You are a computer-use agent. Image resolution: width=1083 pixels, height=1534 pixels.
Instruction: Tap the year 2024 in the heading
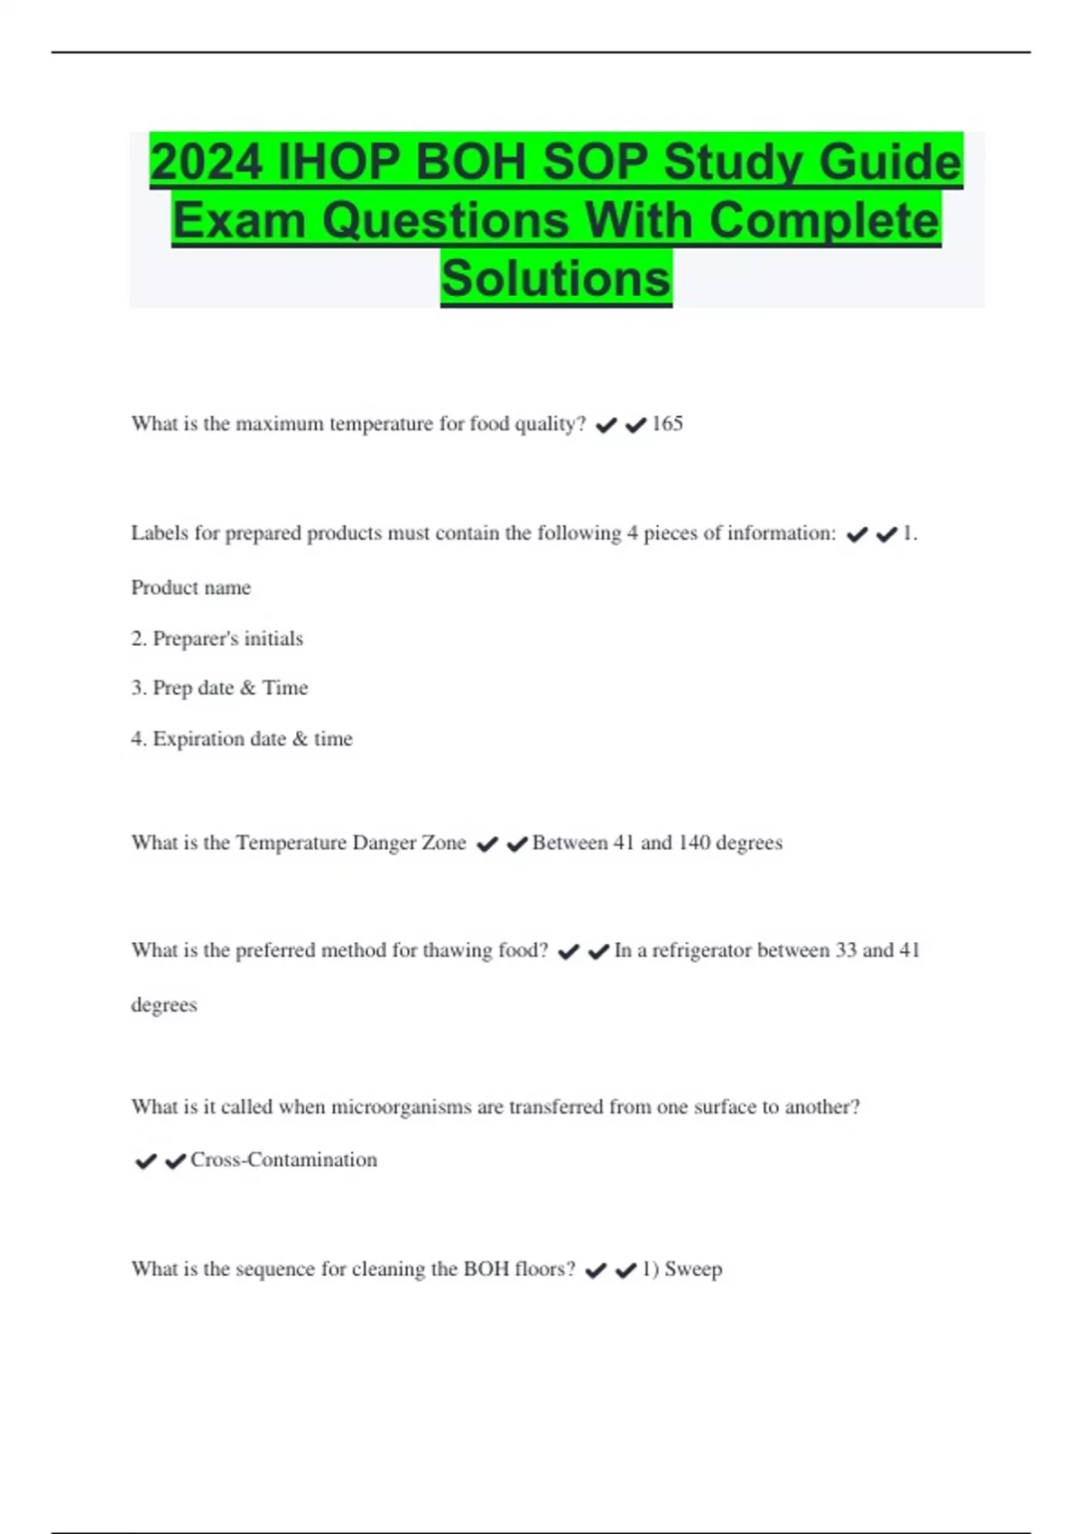[x=207, y=163]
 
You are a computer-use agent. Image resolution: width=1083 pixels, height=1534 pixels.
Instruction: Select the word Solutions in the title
[x=556, y=278]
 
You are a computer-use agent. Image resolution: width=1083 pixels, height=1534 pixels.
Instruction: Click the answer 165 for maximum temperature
[x=667, y=423]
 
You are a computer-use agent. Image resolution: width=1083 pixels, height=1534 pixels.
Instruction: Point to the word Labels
[x=159, y=533]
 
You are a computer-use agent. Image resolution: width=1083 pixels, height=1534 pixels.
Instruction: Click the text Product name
[x=191, y=587]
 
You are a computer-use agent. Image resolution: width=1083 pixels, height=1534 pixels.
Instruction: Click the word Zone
[x=442, y=843]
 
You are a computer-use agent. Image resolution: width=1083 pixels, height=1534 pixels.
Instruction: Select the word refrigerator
[x=701, y=950]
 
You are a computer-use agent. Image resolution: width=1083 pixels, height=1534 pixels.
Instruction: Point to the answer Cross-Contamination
[x=283, y=1160]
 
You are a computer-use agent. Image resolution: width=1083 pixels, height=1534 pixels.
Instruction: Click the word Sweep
[x=693, y=1270]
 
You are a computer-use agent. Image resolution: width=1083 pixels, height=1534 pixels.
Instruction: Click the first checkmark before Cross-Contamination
[x=145, y=1161]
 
